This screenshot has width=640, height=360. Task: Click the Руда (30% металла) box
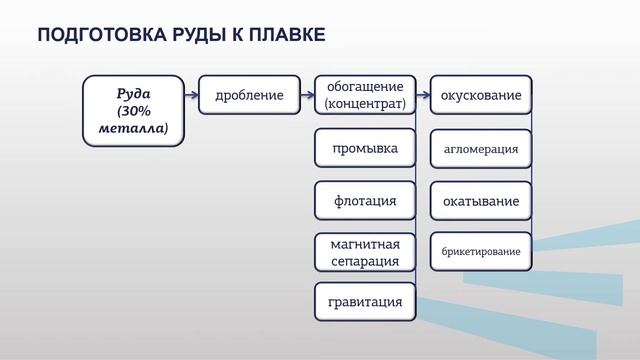[x=133, y=111]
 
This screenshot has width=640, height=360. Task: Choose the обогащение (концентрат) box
[x=365, y=95]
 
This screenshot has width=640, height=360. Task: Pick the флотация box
[x=365, y=200]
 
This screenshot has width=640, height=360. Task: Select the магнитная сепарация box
[x=365, y=252]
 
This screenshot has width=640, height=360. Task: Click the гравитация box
[x=365, y=301]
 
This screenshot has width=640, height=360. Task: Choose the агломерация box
[x=481, y=149]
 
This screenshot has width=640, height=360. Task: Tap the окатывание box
[x=481, y=201]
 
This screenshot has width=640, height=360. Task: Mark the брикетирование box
[x=481, y=251]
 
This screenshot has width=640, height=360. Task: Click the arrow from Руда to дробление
[x=192, y=96]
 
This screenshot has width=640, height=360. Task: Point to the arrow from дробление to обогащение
[x=307, y=96]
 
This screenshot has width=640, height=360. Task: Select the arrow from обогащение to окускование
[x=423, y=96]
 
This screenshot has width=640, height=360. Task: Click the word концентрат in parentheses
[x=365, y=103]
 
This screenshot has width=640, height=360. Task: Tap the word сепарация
[x=365, y=261]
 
